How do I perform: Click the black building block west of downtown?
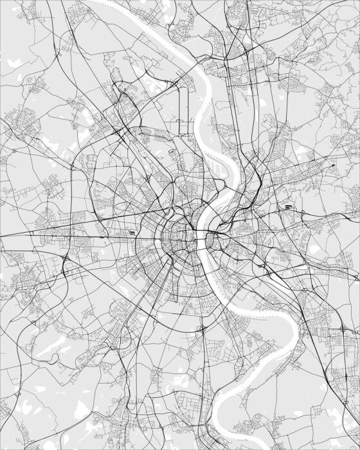click(132, 232)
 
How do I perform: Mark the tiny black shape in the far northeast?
click(333, 165)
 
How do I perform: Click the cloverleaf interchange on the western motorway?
click(66, 258)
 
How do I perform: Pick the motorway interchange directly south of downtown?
click(202, 328)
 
